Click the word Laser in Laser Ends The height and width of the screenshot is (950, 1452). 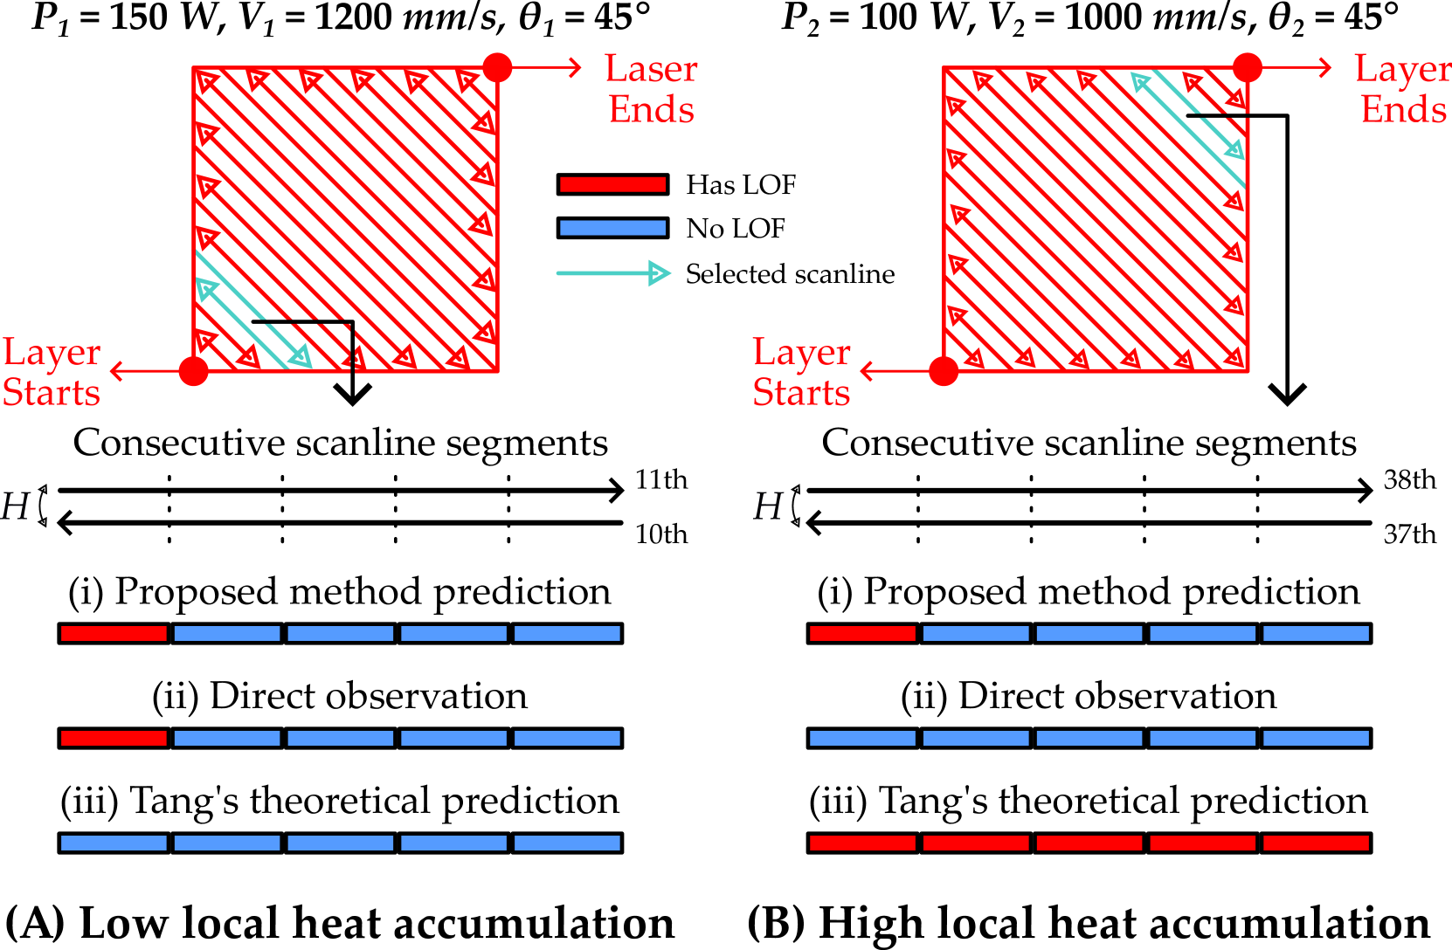651,69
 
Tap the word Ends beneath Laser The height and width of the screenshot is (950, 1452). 651,110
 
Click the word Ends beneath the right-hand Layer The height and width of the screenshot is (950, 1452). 1403,110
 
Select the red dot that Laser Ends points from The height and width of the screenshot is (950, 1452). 497,67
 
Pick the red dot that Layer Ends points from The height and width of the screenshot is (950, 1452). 1248,67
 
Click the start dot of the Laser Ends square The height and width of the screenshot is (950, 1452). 193,371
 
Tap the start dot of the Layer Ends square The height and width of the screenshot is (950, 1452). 944,371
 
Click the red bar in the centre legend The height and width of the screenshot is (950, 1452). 612,184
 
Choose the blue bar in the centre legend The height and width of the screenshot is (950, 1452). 612,228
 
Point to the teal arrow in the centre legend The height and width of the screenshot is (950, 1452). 612,273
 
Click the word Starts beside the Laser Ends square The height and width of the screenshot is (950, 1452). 52,393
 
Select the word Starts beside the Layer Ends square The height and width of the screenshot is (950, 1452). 801,393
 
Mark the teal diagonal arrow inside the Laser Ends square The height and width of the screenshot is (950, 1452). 253,323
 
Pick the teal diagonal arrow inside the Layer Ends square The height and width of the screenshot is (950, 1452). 1188,116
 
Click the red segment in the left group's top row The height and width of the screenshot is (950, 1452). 114,633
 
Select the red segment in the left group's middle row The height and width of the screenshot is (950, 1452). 114,738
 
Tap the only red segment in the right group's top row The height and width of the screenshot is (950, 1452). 862,633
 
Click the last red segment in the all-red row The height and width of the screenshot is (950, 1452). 1316,843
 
